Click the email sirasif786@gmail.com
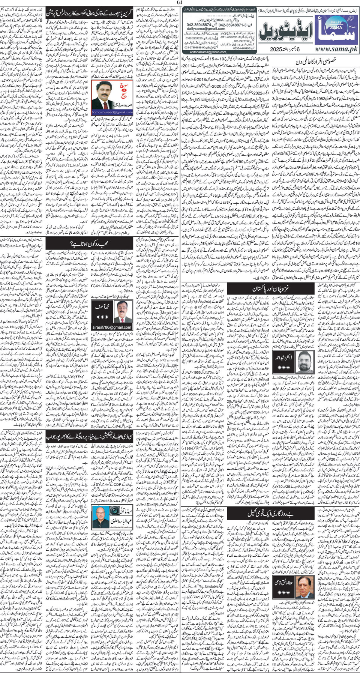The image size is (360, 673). pyautogui.click(x=112, y=327)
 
